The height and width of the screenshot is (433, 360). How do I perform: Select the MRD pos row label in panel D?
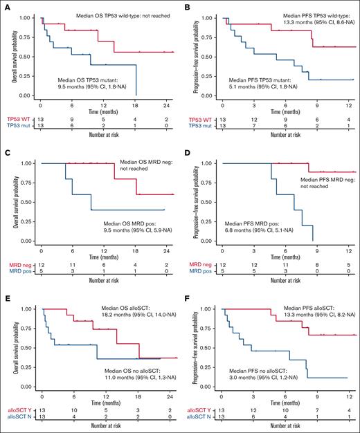[199, 271]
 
